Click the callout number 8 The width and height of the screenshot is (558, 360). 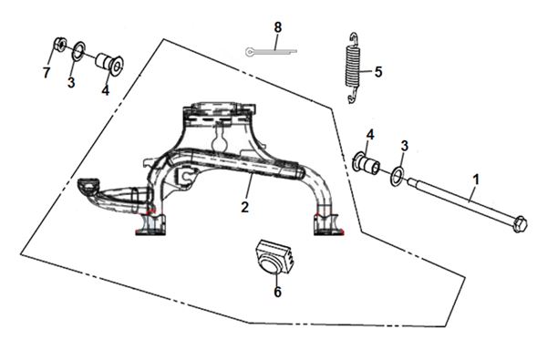point(277,27)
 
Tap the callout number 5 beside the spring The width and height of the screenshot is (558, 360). point(378,72)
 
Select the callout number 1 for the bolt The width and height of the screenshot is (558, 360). point(476,180)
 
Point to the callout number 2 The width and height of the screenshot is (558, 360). point(244,207)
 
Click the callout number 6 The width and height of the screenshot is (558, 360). point(277,292)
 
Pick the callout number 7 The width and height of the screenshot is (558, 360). point(46,73)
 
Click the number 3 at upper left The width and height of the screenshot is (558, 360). point(71,83)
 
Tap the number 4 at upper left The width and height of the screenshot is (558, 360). point(106,90)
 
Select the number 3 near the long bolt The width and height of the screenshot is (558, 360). point(404,146)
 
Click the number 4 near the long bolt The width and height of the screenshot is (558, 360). point(370,135)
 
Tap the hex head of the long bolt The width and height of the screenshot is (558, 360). point(521,224)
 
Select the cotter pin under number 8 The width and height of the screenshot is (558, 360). point(271,52)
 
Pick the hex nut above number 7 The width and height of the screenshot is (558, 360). point(60,44)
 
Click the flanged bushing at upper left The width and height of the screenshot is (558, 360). point(109,64)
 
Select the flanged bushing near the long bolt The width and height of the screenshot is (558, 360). point(366,163)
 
